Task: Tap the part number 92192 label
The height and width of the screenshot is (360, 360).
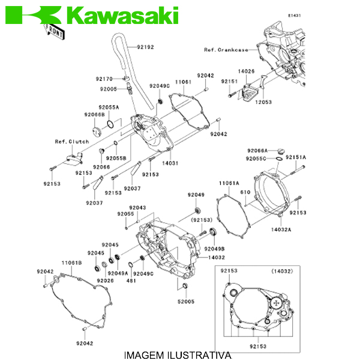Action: (145, 47)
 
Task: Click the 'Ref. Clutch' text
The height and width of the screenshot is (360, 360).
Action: (72, 142)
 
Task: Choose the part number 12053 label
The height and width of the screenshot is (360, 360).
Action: (263, 103)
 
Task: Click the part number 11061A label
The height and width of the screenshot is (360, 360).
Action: (229, 182)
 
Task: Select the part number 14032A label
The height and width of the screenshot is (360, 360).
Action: (281, 229)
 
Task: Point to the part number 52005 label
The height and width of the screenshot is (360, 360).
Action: (186, 302)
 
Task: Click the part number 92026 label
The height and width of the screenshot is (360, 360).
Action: (106, 280)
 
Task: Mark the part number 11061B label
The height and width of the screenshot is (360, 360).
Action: (71, 263)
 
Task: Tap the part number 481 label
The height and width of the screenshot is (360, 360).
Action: (131, 280)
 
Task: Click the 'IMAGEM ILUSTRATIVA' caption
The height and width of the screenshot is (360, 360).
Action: (177, 355)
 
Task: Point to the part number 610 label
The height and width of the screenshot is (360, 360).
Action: (245, 192)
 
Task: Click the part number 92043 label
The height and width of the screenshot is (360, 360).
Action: (138, 207)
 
